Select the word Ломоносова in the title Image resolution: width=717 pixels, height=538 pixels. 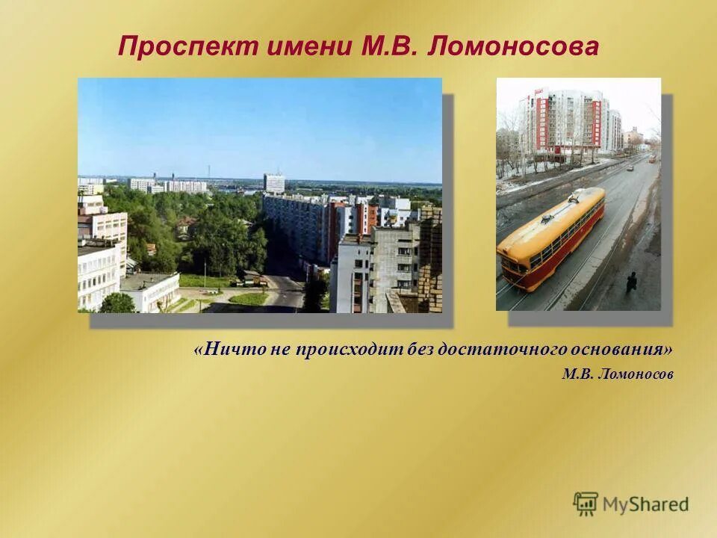pyautogui.click(x=514, y=48)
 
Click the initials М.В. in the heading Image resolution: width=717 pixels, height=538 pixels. pyautogui.click(x=388, y=48)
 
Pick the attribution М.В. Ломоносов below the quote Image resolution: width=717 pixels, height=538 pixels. pyautogui.click(x=617, y=374)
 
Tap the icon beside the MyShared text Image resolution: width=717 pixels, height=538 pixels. pyautogui.click(x=586, y=504)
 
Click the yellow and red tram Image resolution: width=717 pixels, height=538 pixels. pyautogui.click(x=553, y=238)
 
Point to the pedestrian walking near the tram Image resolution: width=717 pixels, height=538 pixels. pyautogui.click(x=632, y=282)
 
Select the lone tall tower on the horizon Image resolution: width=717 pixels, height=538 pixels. pyautogui.click(x=273, y=182)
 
